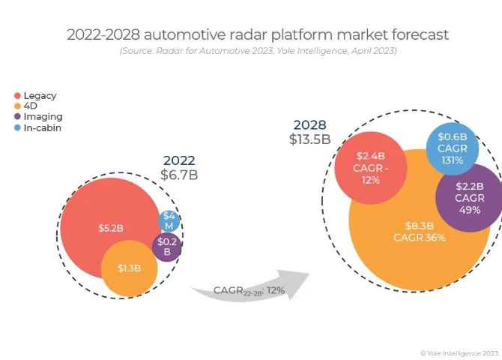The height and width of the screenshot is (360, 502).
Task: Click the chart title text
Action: [x=258, y=34]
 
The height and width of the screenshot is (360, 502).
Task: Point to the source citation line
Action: [x=258, y=51]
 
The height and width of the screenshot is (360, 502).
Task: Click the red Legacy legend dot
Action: [x=17, y=95]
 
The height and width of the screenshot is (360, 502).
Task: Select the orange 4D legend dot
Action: [x=17, y=106]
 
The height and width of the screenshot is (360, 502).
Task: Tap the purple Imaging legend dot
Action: [x=17, y=117]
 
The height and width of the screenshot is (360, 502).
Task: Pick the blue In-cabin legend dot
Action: [x=17, y=127]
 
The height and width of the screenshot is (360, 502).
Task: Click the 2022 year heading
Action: [x=179, y=160]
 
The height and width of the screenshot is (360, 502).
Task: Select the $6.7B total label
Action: [x=179, y=175]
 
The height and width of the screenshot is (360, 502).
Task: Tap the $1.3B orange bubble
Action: [x=129, y=268]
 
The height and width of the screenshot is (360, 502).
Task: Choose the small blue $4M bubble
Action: [x=169, y=220]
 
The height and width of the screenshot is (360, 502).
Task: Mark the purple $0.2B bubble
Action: [x=167, y=247]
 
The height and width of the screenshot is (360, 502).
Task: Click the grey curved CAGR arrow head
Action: [x=300, y=283]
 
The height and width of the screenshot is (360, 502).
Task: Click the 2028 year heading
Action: [x=309, y=124]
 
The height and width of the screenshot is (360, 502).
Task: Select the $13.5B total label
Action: [x=309, y=139]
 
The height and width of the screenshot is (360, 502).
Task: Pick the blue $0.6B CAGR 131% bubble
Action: [x=452, y=148]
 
